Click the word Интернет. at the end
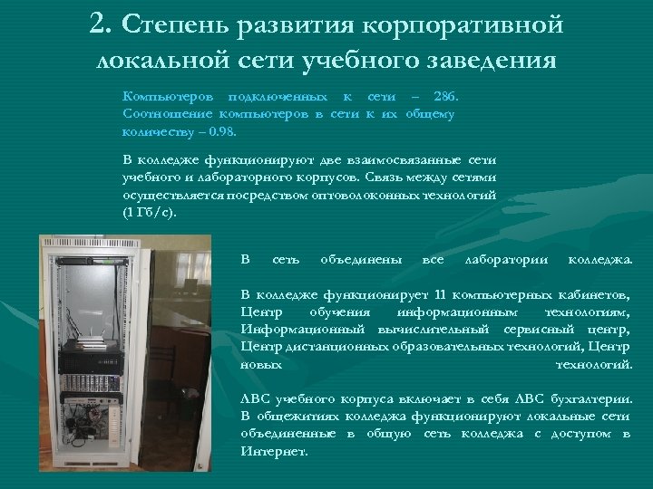(x=268, y=450)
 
